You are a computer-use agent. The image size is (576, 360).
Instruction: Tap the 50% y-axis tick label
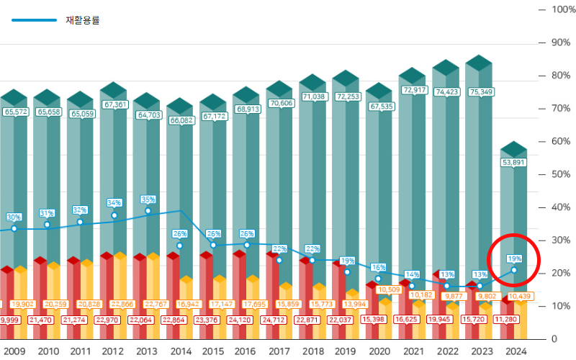[x=561, y=174]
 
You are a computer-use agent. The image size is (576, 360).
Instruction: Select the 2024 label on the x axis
[x=514, y=351]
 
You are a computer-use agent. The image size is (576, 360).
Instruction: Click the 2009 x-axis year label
[x=14, y=351]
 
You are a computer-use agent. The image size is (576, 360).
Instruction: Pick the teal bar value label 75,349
[x=480, y=92]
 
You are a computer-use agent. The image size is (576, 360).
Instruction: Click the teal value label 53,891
[x=513, y=162]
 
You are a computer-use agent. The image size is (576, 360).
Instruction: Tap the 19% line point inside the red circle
[x=513, y=270]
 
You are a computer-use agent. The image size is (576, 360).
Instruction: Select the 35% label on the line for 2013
[x=148, y=199]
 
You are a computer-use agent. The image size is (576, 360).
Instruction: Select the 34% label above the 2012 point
[x=114, y=203]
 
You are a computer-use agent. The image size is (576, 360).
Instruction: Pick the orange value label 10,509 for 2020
[x=390, y=289]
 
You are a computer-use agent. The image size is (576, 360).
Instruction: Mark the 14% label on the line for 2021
[x=412, y=274]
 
